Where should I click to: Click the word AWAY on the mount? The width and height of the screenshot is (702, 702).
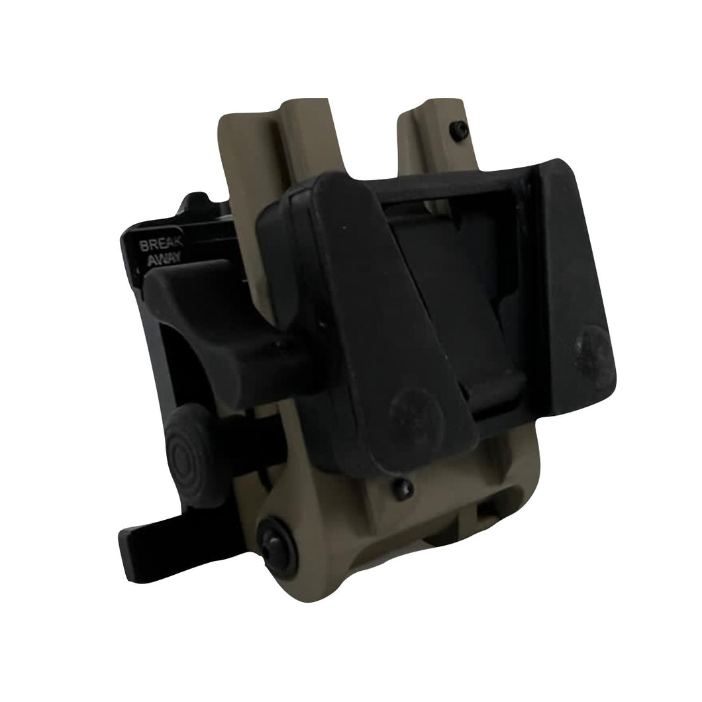tap(164, 258)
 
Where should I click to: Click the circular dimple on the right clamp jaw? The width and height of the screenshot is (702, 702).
tap(592, 350)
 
